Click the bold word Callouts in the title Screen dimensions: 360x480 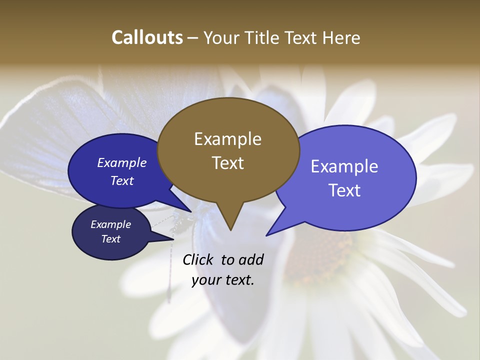(147, 37)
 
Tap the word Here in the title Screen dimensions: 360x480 (341, 37)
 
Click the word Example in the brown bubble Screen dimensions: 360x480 (227, 139)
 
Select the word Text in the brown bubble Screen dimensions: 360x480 (227, 163)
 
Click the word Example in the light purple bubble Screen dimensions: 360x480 (344, 166)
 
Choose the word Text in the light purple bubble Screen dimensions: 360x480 (344, 190)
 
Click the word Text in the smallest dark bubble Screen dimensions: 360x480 (110, 239)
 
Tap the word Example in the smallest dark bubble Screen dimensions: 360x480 (110, 224)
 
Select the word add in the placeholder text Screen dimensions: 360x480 (250, 259)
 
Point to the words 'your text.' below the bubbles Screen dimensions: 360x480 (223, 280)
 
